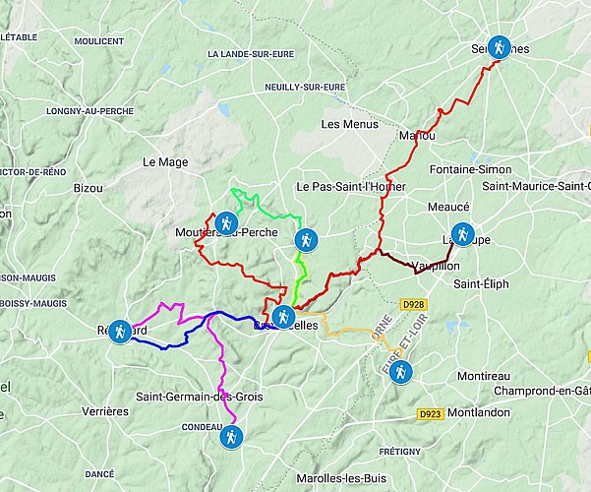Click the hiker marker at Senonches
coord(500,46)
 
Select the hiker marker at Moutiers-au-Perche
coord(227,223)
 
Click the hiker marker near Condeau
coord(230,436)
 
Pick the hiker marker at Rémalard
coord(120,331)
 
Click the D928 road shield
coord(413,306)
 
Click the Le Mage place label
coord(164,162)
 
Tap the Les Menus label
coord(342,124)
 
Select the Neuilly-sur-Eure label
coord(306,87)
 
